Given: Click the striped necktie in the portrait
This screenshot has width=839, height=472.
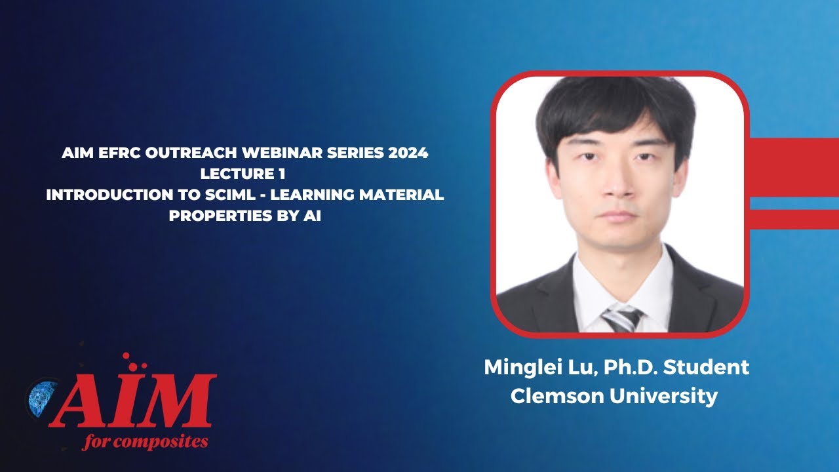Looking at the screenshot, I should [x=621, y=319].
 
